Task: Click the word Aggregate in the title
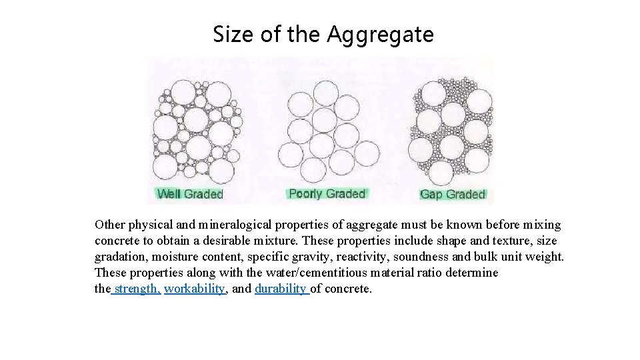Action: coord(380,34)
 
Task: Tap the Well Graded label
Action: coord(189,194)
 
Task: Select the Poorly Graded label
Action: coord(327,193)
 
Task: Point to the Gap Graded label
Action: coord(452,194)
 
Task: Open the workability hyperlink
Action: coord(195,289)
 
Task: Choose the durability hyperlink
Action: coord(280,289)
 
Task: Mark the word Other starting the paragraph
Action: coord(109,225)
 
